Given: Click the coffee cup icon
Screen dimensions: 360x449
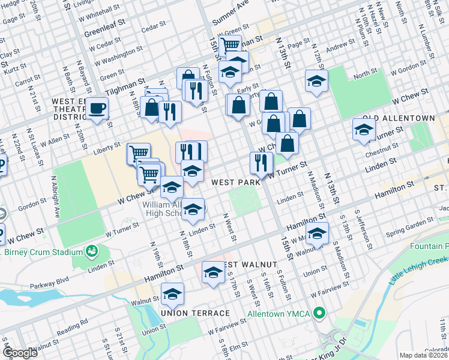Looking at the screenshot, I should coord(97,109).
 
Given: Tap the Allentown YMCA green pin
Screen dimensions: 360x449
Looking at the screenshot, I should coord(320,313).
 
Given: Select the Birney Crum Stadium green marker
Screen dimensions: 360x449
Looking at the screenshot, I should coord(92,250).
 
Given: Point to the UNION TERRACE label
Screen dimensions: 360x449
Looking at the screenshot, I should coord(195,313).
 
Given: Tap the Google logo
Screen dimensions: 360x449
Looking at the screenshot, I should coord(20,353).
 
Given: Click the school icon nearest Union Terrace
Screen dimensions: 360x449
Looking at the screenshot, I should coord(172,293).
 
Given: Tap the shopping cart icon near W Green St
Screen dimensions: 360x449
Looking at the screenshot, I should coord(229,44).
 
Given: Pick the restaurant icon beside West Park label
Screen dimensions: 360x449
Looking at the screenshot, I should coord(261,162).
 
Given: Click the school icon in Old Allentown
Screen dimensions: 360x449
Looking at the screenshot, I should coord(363,130).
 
